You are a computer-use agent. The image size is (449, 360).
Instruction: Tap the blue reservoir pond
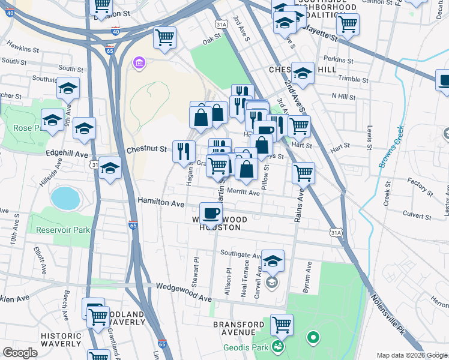[x=65, y=198]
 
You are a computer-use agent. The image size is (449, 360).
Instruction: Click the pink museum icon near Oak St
[x=139, y=64]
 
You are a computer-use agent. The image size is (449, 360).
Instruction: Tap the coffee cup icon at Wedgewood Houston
[x=211, y=212]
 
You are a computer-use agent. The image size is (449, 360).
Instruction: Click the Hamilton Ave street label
[x=161, y=203]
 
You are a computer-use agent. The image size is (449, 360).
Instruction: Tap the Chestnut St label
[x=146, y=149]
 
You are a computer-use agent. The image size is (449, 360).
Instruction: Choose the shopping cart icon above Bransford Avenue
[x=281, y=324]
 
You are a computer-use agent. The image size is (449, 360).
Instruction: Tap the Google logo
[x=20, y=352]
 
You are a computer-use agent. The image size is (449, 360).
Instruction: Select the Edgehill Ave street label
[x=67, y=154]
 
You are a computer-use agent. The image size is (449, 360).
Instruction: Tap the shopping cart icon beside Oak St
[x=164, y=37]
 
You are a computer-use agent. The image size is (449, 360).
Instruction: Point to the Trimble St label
[x=354, y=79]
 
